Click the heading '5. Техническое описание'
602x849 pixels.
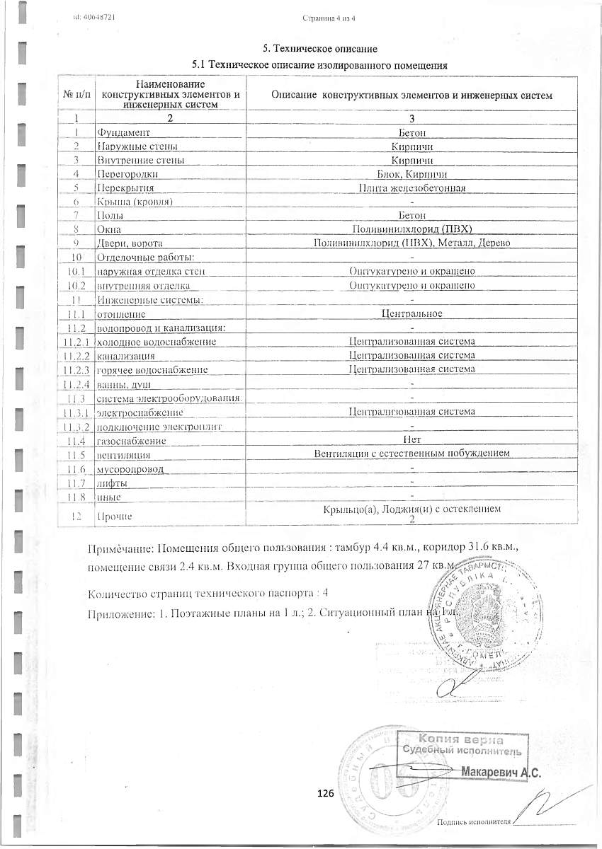pos(320,49)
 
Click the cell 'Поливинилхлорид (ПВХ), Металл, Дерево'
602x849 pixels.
pos(411,243)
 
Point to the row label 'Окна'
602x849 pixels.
pos(109,229)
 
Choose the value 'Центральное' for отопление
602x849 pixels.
pos(411,313)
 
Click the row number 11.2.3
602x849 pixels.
pos(76,369)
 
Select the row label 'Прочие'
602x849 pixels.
pos(112,517)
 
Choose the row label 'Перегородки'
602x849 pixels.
pos(127,174)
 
